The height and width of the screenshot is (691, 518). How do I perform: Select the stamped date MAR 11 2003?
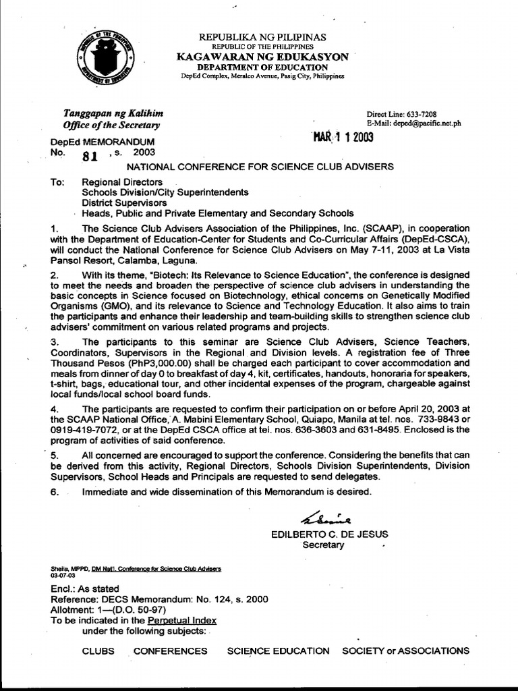(343, 138)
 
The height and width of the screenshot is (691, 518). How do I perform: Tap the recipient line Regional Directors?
(122, 182)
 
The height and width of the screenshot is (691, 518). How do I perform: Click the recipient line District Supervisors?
(125, 202)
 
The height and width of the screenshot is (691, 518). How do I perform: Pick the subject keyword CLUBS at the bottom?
(98, 651)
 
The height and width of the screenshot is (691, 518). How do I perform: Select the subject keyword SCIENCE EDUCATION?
(278, 651)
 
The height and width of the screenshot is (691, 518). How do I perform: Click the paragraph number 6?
(55, 491)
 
